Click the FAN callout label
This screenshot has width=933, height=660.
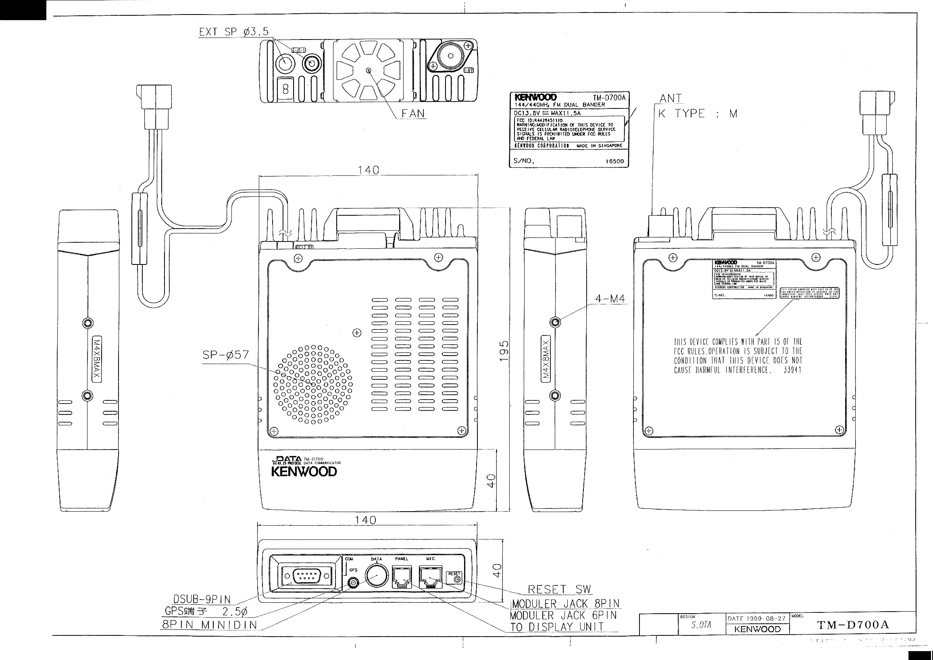pos(413,113)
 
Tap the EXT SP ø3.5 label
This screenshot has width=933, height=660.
pos(234,32)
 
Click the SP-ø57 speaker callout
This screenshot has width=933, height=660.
pos(225,355)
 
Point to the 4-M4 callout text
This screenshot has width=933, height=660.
pos(610,299)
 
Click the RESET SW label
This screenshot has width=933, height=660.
pos(560,589)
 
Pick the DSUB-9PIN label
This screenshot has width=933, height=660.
pos(202,599)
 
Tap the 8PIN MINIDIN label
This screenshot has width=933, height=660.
pos(209,625)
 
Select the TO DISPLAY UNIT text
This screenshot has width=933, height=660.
pos(557,627)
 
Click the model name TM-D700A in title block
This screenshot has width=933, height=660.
pos(853,625)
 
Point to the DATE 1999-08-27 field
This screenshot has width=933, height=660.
pos(756,618)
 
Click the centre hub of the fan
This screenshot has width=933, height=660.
pos(369,71)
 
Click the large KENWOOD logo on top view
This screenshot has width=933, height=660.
pos(304,472)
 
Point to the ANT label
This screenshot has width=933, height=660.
pos(671,98)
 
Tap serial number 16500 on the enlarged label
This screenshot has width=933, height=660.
pos(614,161)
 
